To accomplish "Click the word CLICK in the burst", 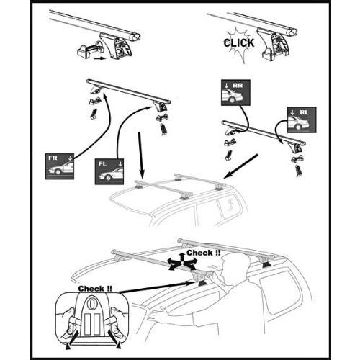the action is (239, 43).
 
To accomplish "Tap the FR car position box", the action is (60, 166).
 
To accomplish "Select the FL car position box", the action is (109, 171).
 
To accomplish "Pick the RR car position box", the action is (235, 93).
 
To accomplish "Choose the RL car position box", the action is (302, 120).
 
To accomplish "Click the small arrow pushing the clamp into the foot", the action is (99, 58).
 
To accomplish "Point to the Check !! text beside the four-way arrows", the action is (203, 253).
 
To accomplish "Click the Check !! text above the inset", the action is (95, 289).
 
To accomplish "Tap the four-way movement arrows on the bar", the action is (182, 262).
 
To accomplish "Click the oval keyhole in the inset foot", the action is (91, 303).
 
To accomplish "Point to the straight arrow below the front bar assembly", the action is (140, 155).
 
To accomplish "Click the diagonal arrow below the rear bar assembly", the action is (240, 166).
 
